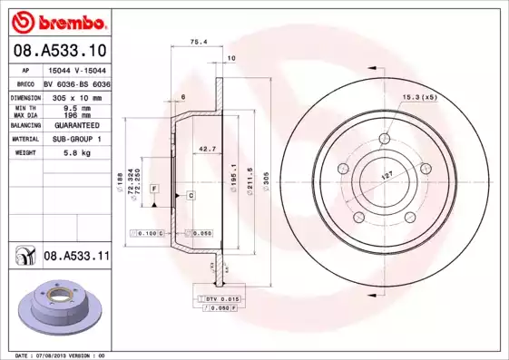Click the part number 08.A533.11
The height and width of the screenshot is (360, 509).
[76, 258]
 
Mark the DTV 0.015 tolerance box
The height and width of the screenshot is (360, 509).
[220, 298]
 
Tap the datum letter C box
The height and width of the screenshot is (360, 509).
[191, 196]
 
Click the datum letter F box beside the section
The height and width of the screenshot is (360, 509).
[154, 188]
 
